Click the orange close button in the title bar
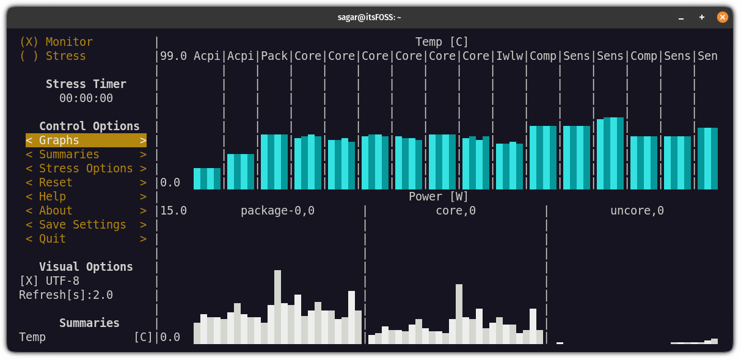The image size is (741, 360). click(722, 17)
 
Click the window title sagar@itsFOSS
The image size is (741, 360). click(370, 17)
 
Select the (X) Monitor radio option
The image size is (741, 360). click(56, 42)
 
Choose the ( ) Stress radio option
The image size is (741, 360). click(53, 56)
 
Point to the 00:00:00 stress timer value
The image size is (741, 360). click(86, 98)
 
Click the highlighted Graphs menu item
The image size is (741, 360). click(86, 140)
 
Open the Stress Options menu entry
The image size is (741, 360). click(86, 168)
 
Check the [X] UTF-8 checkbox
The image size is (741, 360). click(49, 281)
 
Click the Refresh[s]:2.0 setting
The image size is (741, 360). click(66, 295)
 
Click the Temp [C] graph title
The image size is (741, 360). click(442, 42)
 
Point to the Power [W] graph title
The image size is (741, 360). click(439, 196)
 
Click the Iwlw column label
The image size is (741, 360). click(509, 56)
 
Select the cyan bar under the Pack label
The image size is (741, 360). click(274, 162)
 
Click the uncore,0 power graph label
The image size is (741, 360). click(637, 210)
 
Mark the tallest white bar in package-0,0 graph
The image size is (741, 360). click(277, 307)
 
